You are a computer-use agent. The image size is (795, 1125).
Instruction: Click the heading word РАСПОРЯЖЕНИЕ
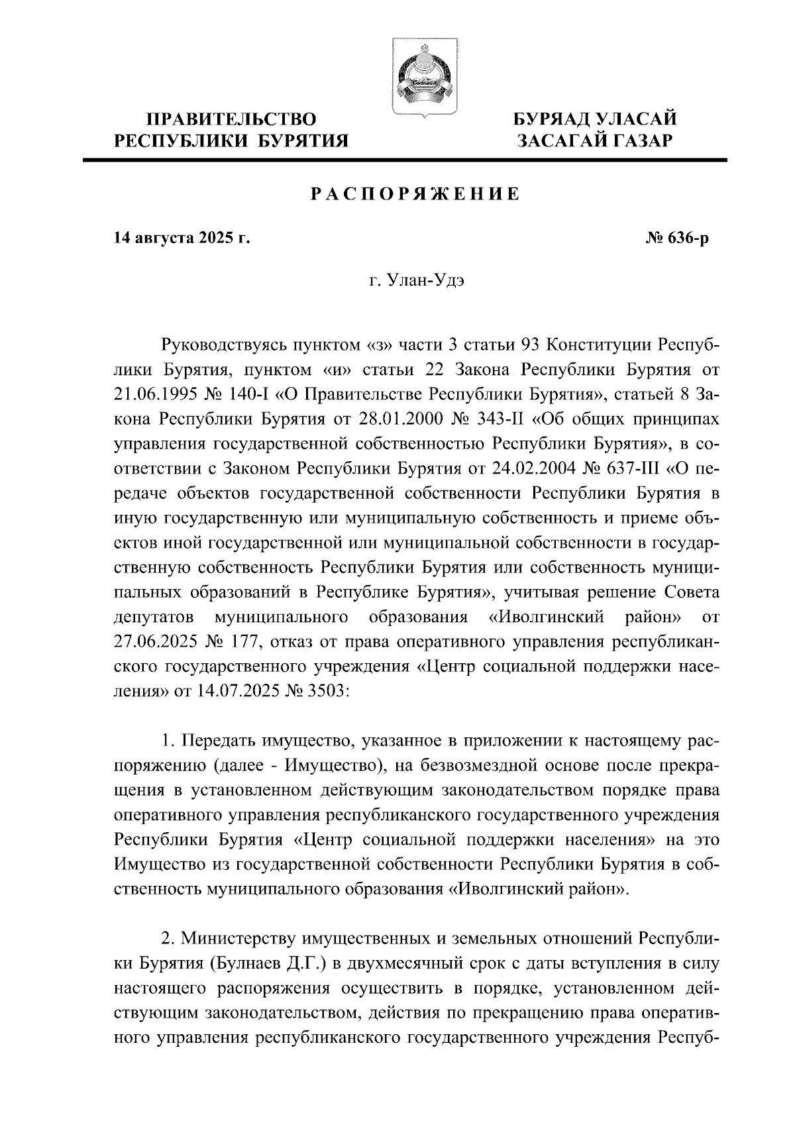(x=415, y=194)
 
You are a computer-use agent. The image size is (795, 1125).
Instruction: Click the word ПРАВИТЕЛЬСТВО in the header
(x=231, y=120)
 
